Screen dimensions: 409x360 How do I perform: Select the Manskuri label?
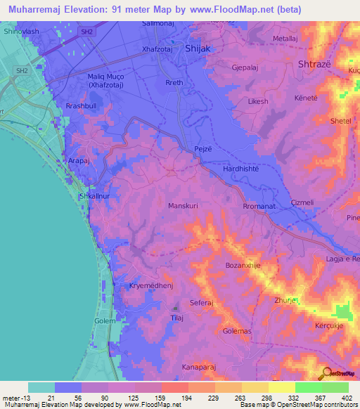pyautogui.click(x=184, y=206)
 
